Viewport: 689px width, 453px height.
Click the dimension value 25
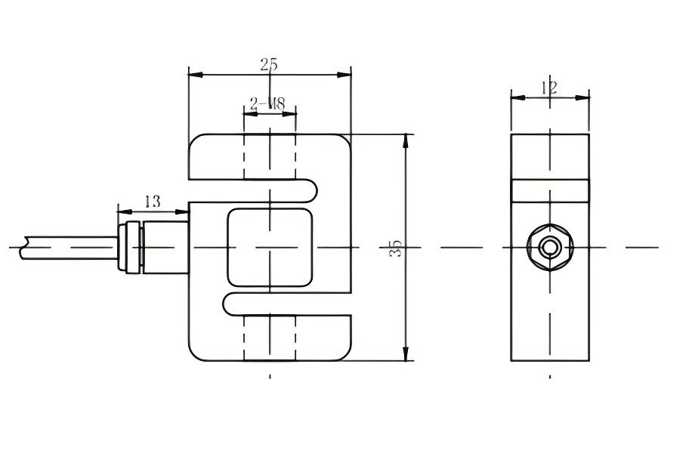[269, 65]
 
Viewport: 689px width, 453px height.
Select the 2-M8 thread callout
[267, 104]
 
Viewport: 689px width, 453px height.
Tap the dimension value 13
[152, 202]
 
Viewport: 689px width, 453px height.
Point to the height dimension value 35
[395, 248]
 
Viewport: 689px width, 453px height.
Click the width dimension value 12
[549, 88]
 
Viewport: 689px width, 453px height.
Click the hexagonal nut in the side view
[549, 247]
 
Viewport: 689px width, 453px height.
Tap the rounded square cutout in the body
[270, 248]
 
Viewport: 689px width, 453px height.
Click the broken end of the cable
[25, 247]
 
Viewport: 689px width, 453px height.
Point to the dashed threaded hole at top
[270, 158]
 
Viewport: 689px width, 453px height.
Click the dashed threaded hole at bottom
[270, 338]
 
